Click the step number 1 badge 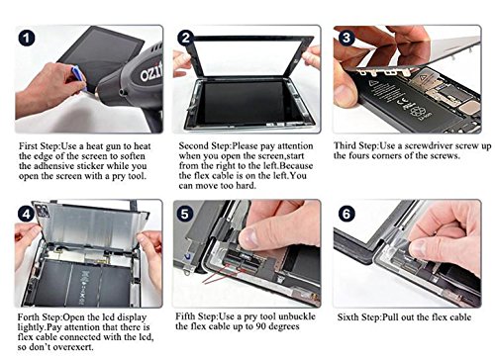tap(27, 39)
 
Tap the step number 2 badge tap(185, 38)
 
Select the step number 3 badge tap(346, 38)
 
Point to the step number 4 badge tap(26, 215)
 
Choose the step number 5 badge tap(184, 214)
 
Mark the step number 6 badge tap(346, 214)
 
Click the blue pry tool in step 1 tap(79, 78)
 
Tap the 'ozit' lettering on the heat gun tap(151, 72)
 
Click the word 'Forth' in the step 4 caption tap(29, 317)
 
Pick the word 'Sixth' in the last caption tap(347, 317)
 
